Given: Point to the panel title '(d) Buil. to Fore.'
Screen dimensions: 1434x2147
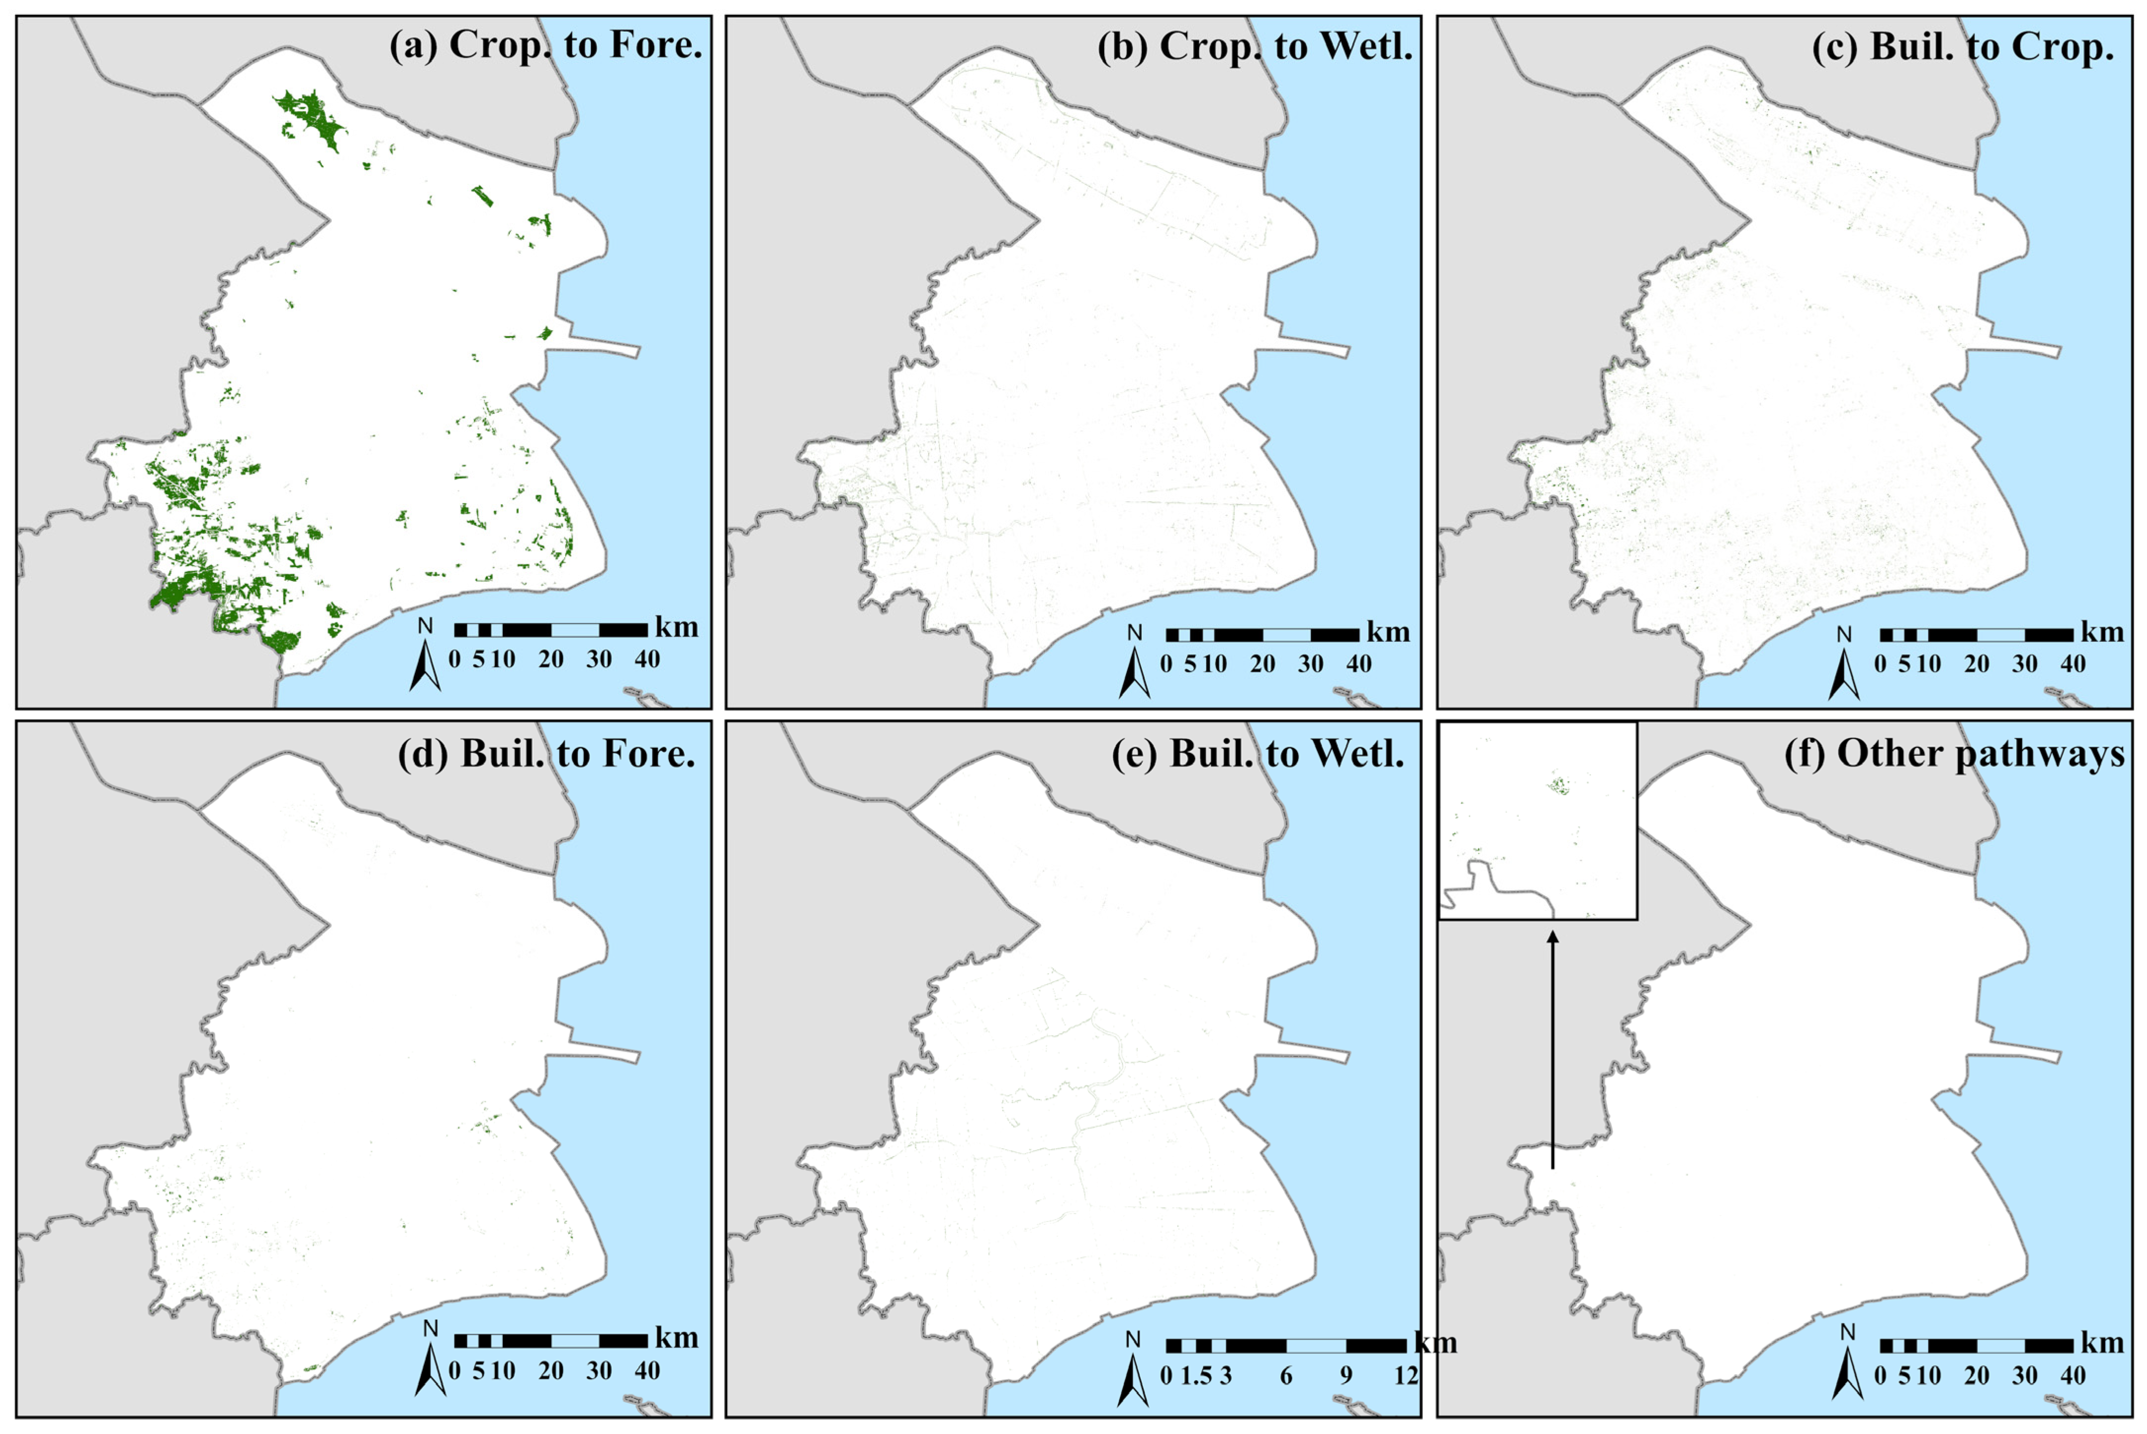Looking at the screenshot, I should (x=546, y=754).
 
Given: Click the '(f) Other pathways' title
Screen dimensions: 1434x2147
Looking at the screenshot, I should (x=1954, y=754).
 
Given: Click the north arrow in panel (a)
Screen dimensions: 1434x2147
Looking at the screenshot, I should (x=425, y=665).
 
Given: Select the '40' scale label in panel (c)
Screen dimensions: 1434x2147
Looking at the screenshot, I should (x=2073, y=664).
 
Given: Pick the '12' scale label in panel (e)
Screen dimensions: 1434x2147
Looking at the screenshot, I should (x=1406, y=1376).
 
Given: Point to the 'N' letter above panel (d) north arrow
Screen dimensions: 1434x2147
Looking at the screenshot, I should (x=430, y=1328).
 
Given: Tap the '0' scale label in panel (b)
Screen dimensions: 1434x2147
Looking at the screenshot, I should (x=1165, y=664).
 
